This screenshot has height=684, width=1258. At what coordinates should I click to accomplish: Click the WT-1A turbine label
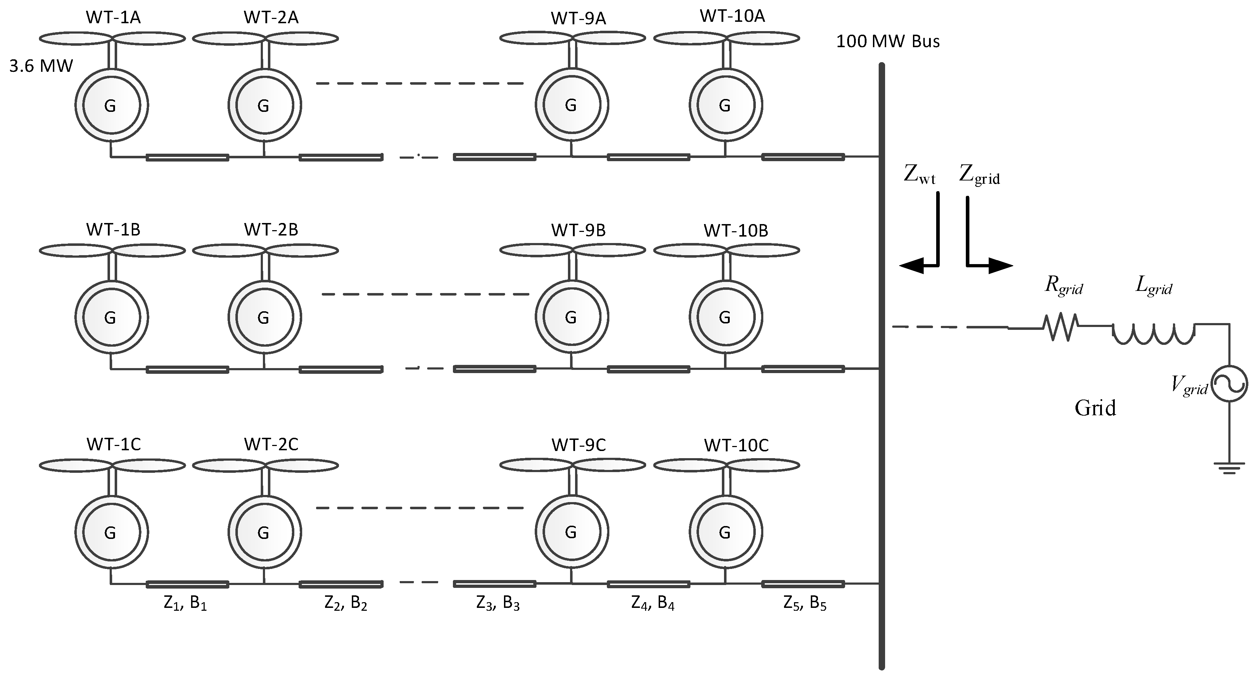click(113, 18)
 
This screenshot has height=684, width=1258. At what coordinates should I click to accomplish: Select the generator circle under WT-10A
click(725, 105)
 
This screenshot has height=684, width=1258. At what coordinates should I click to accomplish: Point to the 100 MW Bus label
click(888, 41)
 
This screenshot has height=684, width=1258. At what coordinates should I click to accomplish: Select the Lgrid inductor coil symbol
click(1153, 334)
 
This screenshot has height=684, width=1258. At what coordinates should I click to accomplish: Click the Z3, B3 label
click(498, 604)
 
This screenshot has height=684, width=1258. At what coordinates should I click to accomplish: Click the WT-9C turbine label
click(579, 445)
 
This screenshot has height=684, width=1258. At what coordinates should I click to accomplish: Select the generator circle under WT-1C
click(111, 532)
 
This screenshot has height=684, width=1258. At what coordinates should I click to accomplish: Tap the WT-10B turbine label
click(735, 231)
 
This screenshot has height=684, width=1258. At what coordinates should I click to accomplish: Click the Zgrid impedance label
click(979, 175)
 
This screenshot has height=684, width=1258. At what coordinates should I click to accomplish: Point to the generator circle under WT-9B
click(571, 318)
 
